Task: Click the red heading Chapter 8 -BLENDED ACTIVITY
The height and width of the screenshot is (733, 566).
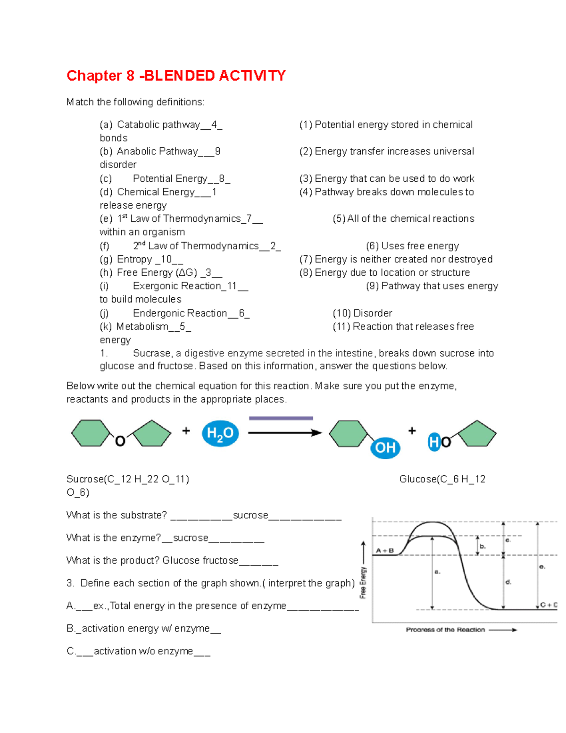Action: [x=176, y=76]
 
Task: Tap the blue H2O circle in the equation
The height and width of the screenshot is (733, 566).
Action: [x=220, y=433]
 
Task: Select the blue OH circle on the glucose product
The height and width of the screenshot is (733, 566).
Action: [x=385, y=447]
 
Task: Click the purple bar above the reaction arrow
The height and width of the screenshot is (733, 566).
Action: [x=281, y=418]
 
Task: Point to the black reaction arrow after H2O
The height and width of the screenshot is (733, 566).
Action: [x=284, y=433]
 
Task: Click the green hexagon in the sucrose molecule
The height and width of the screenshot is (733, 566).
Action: [x=90, y=433]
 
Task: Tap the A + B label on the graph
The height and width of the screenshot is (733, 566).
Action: [x=385, y=550]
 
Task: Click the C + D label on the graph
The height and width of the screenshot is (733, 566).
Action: [x=549, y=605]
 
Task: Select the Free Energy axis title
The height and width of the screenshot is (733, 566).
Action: [x=363, y=582]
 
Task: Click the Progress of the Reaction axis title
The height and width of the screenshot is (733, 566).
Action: [x=445, y=630]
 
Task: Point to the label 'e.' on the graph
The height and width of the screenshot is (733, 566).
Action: [x=542, y=566]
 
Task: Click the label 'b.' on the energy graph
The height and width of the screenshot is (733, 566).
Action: [x=483, y=546]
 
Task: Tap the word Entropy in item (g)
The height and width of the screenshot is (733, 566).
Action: [x=134, y=259]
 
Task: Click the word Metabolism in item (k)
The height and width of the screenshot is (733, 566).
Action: [x=142, y=327]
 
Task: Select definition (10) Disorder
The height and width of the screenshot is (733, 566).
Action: [x=362, y=313]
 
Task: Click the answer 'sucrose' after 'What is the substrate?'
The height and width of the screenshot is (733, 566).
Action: [x=250, y=515]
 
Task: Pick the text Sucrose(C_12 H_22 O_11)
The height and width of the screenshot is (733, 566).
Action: [x=128, y=479]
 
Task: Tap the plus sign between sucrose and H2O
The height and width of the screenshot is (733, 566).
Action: [x=186, y=430]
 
